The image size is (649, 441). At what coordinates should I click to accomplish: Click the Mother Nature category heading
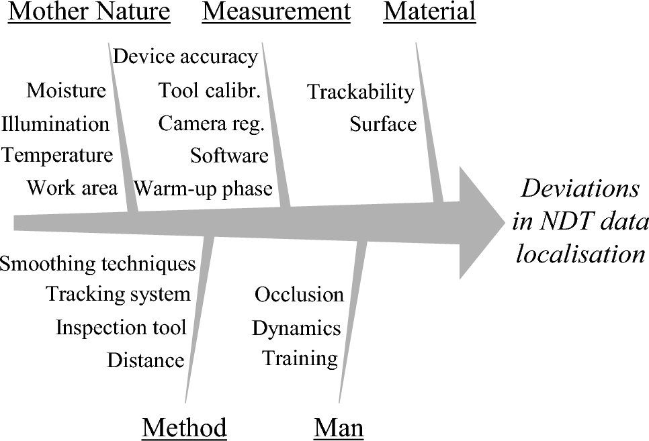(x=89, y=11)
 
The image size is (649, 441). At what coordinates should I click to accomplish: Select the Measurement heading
(x=276, y=11)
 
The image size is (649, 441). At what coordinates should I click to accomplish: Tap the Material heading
(x=429, y=11)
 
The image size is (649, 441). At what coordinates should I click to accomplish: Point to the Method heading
(x=184, y=427)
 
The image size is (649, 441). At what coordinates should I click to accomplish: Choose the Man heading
(x=339, y=427)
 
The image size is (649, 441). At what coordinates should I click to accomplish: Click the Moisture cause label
(x=66, y=90)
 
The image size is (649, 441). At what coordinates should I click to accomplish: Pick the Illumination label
(x=55, y=124)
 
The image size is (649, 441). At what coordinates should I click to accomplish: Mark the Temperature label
(x=57, y=156)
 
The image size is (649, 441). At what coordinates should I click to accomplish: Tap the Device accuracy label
(x=185, y=57)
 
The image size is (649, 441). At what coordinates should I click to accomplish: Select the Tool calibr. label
(x=209, y=90)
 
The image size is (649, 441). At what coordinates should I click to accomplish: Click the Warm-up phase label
(x=203, y=188)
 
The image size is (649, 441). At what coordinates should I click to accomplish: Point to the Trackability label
(x=361, y=92)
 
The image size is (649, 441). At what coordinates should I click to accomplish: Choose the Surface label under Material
(x=383, y=124)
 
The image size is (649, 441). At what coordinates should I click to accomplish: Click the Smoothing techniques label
(x=97, y=263)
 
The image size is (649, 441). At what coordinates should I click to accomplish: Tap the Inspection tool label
(x=121, y=328)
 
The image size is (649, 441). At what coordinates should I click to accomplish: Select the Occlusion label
(x=299, y=295)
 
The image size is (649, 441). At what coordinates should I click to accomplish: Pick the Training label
(x=300, y=358)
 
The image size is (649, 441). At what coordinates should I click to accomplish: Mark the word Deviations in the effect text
(x=581, y=189)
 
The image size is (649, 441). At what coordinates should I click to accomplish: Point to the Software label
(x=229, y=156)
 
